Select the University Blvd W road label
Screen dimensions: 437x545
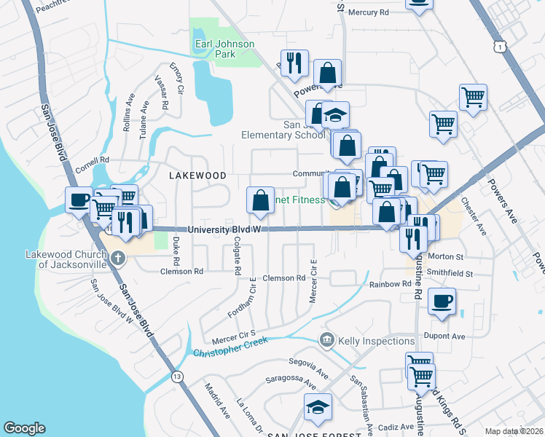(224, 229)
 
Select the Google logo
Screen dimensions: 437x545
(24, 428)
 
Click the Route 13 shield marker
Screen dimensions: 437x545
(177, 377)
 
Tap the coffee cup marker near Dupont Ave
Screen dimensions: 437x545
(442, 302)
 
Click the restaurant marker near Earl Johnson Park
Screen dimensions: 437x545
(294, 63)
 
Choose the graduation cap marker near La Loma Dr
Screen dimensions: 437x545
(318, 406)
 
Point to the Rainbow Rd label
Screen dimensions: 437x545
(391, 285)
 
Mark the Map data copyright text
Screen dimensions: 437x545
(513, 431)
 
